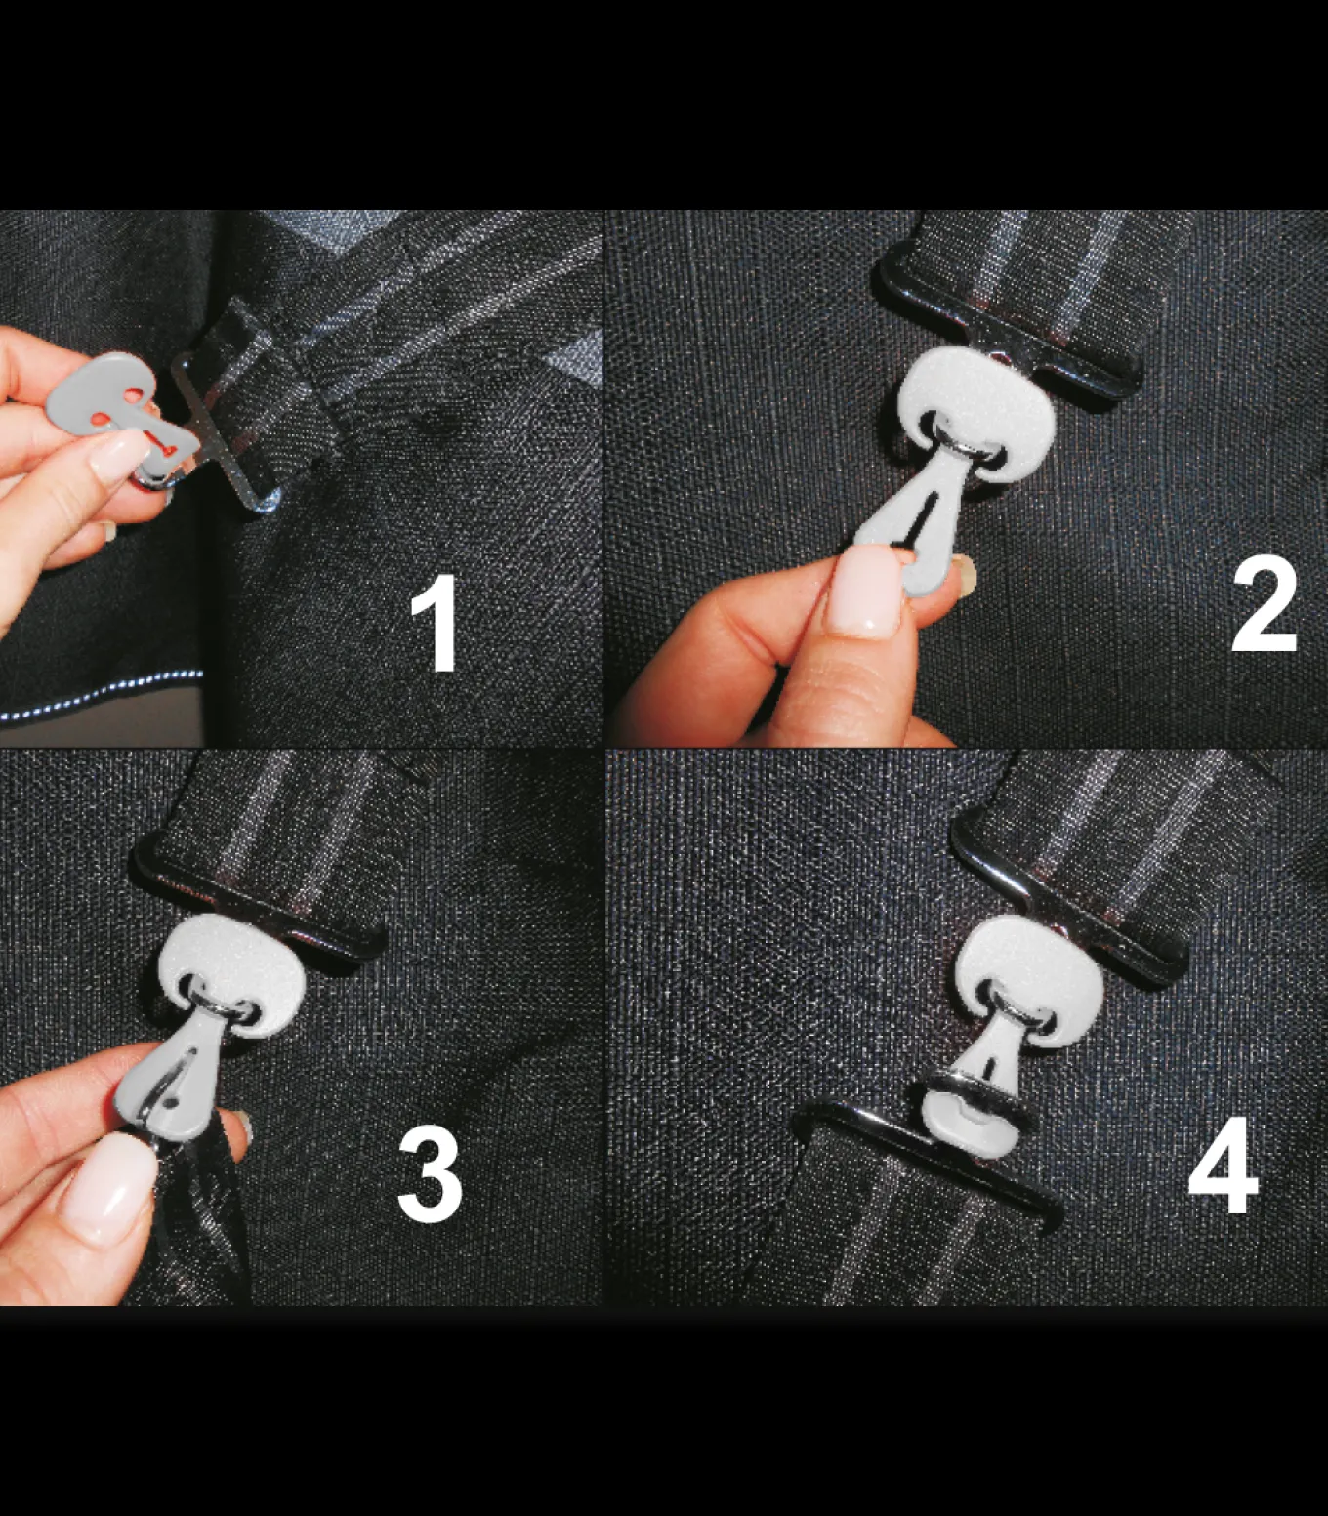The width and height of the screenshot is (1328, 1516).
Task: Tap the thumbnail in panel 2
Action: [x=868, y=591]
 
